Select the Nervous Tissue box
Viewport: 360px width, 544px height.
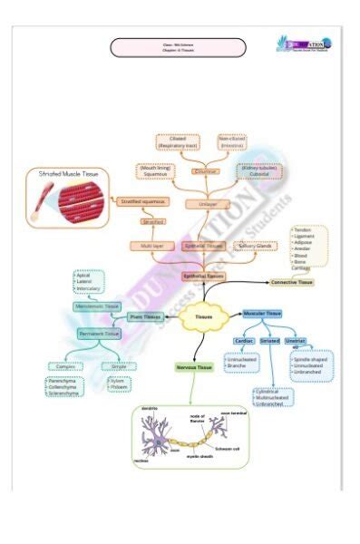point(192,367)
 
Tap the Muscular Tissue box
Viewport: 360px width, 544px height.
point(262,313)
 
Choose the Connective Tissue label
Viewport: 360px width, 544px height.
point(292,283)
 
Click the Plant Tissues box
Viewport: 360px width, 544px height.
point(145,316)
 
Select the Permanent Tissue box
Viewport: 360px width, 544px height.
point(99,334)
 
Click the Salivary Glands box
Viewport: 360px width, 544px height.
point(258,246)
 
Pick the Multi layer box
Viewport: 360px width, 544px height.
point(151,246)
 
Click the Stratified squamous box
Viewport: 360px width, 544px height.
point(141,201)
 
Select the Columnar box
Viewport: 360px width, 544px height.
point(205,170)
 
